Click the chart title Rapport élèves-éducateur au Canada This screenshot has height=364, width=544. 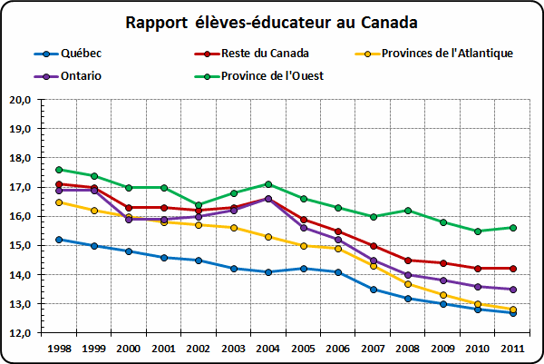(273, 21)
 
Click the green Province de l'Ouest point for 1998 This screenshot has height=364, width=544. (59, 170)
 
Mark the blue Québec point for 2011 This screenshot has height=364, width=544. (513, 312)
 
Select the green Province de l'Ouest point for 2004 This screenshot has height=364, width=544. (268, 184)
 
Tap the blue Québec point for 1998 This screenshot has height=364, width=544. (59, 240)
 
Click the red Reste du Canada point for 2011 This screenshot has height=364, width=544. (513, 269)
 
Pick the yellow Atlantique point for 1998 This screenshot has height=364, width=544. (59, 202)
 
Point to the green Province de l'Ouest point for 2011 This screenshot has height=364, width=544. (513, 228)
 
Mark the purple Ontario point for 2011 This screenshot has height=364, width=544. (513, 290)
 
